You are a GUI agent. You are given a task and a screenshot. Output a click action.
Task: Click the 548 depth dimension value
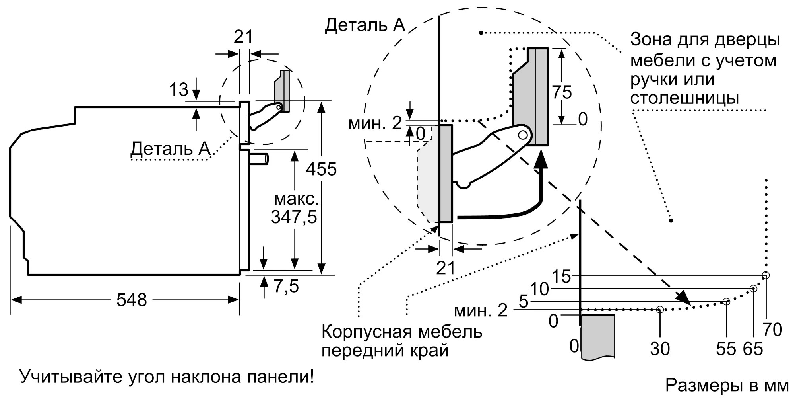coord(132,300)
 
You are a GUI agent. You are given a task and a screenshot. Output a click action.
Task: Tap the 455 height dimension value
coord(321,169)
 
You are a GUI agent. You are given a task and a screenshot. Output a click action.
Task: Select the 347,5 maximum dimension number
coord(294,217)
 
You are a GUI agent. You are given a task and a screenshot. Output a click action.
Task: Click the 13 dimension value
coord(178,90)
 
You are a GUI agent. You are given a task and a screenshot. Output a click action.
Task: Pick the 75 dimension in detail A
coord(562,92)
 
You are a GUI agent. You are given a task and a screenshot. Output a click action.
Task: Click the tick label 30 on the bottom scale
coord(660,349)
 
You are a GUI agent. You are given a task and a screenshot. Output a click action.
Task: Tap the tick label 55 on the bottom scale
coord(726,349)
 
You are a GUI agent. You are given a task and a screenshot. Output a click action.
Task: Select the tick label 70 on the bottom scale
coord(772,330)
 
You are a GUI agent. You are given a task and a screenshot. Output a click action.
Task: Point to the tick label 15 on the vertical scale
coord(562,276)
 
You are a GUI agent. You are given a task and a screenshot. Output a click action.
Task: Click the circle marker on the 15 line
coord(766,275)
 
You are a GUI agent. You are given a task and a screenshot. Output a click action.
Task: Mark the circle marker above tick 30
coord(660,309)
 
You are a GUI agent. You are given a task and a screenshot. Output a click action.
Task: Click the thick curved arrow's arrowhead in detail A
coord(539,161)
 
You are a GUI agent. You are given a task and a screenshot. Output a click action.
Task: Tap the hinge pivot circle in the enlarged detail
coord(524,134)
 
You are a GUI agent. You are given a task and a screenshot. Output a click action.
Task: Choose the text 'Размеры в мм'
coord(727,385)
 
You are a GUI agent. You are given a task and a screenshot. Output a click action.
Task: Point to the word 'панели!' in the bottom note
coord(281,377)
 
